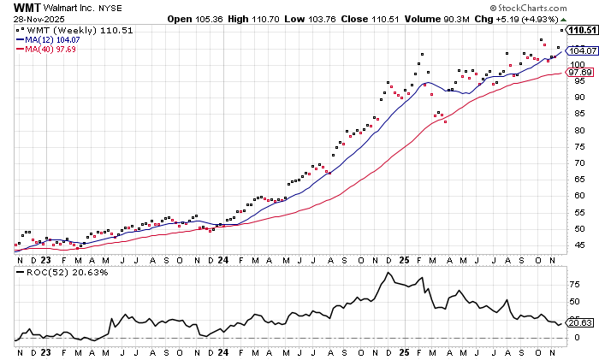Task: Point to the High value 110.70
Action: (x=269, y=19)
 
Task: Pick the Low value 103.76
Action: (x=324, y=19)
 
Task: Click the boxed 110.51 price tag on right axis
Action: (x=582, y=30)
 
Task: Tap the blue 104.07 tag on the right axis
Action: (x=582, y=50)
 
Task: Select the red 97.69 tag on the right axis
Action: (x=582, y=72)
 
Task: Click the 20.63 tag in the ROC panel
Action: (x=582, y=322)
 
